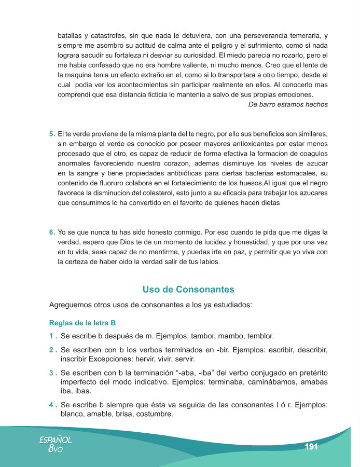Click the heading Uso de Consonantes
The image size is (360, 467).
point(188,290)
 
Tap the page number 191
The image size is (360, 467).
point(311,447)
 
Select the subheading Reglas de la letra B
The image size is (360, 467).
point(82,323)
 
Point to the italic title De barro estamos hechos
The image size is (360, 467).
point(288,104)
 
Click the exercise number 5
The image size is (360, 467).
point(52,134)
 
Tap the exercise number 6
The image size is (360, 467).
point(52,232)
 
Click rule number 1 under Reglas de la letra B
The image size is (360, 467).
point(53,335)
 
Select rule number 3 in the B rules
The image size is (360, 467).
point(53,373)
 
